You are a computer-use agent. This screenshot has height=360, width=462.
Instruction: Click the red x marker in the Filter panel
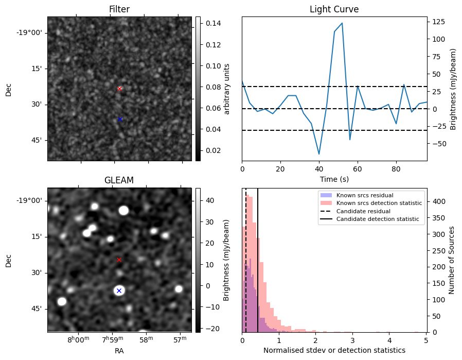pyautogui.click(x=119, y=89)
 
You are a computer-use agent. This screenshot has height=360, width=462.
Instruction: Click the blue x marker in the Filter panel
pyautogui.click(x=120, y=119)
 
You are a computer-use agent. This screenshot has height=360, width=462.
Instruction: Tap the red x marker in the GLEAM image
pyautogui.click(x=119, y=260)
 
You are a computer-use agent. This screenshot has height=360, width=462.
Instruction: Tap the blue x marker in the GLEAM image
pyautogui.click(x=119, y=290)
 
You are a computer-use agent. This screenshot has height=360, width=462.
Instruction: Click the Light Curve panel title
pyautogui.click(x=334, y=9)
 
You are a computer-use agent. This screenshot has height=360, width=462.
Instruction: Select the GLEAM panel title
pyautogui.click(x=119, y=180)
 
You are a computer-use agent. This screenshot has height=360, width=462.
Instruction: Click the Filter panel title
pyautogui.click(x=119, y=9)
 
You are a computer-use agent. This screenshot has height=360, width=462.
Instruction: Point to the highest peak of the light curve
pyautogui.click(x=342, y=23)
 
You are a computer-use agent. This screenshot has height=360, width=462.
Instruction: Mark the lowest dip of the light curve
pyautogui.click(x=319, y=154)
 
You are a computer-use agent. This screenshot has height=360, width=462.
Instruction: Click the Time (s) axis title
pyautogui.click(x=334, y=178)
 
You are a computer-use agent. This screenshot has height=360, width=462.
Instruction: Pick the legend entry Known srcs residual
pyautogui.click(x=364, y=195)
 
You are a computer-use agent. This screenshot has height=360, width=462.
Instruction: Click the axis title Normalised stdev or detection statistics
pyautogui.click(x=334, y=350)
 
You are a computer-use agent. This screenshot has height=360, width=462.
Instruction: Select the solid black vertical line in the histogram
pyautogui.click(x=258, y=258)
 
